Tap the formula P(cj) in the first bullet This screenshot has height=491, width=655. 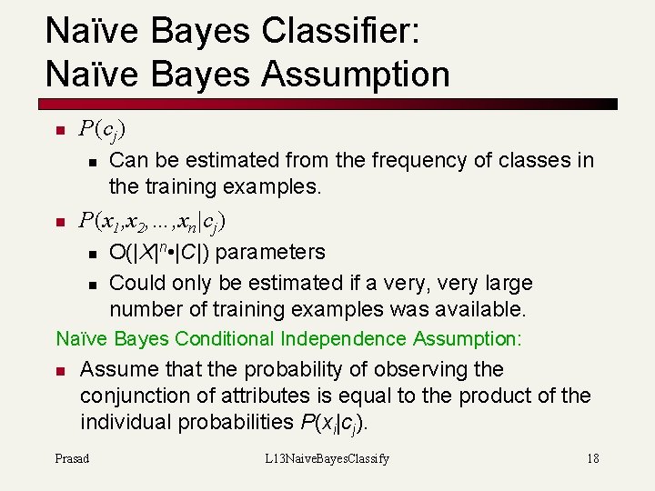click(x=103, y=130)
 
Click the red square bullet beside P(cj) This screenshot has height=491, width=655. click(x=60, y=131)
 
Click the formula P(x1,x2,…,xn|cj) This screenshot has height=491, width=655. click(x=153, y=221)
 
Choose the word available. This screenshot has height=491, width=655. click(x=473, y=309)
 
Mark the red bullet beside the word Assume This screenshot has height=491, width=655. click(x=60, y=371)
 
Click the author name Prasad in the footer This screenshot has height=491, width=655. click(x=72, y=458)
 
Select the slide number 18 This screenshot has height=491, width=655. click(x=592, y=458)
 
